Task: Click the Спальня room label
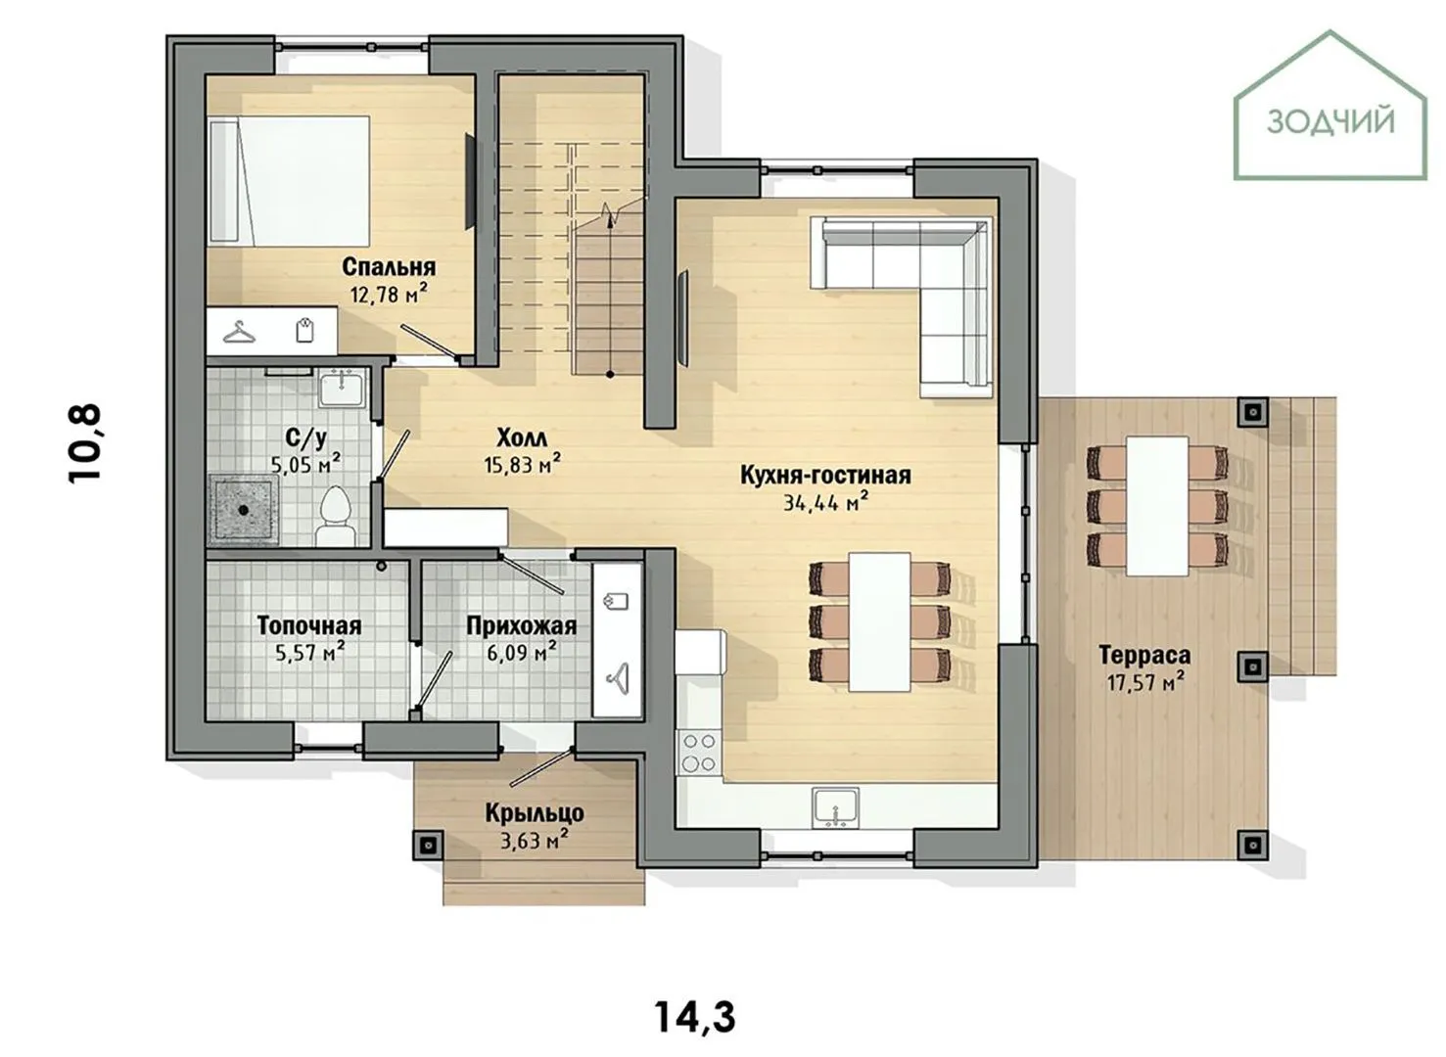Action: pyautogui.click(x=389, y=266)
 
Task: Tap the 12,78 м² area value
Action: pyautogui.click(x=389, y=295)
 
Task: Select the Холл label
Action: pyautogui.click(x=522, y=438)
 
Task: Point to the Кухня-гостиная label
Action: pyautogui.click(x=825, y=475)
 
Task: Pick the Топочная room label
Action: pyautogui.click(x=309, y=625)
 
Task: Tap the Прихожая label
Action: pyautogui.click(x=522, y=626)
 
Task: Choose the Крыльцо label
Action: pyautogui.click(x=535, y=813)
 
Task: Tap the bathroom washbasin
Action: pyautogui.click(x=342, y=388)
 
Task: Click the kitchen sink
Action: pyautogui.click(x=836, y=807)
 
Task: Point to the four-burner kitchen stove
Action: pyautogui.click(x=698, y=753)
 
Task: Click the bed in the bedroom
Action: pyautogui.click(x=289, y=181)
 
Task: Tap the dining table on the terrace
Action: pyautogui.click(x=1157, y=507)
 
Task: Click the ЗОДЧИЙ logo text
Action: pyautogui.click(x=1330, y=122)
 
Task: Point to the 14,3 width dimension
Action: pyautogui.click(x=696, y=1016)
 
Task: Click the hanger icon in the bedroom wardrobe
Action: pyautogui.click(x=239, y=333)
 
